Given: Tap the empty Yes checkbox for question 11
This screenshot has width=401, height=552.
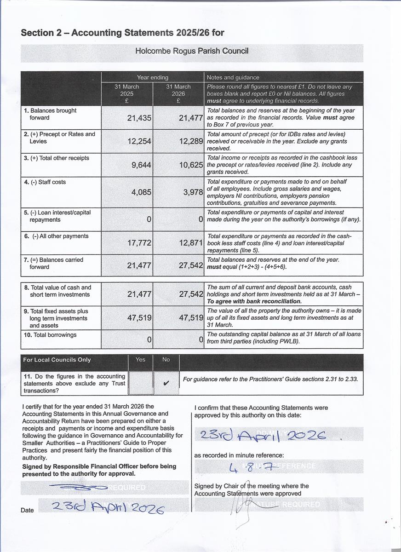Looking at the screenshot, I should (x=141, y=383).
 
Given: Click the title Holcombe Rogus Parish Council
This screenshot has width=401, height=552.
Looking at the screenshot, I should (x=192, y=51).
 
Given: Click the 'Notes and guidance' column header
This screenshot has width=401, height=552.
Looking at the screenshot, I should (x=233, y=77).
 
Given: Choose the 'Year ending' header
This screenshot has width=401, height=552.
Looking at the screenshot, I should (x=153, y=77).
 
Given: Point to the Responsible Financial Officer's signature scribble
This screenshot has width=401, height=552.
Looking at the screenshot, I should (x=79, y=487).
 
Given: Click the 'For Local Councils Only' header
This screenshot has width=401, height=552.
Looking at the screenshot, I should (x=57, y=360).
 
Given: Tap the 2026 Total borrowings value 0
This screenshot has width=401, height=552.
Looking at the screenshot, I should (x=200, y=340).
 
